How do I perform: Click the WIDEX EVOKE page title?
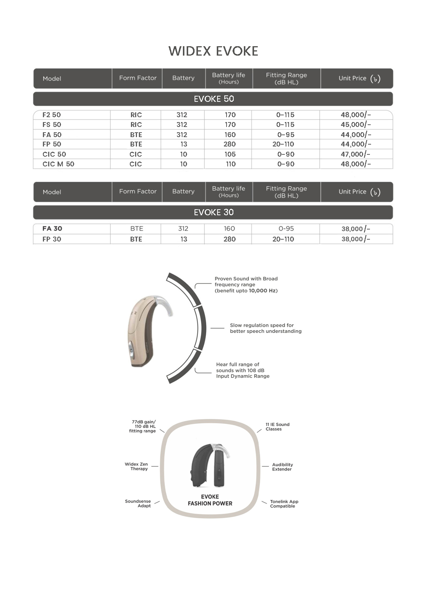[213, 51]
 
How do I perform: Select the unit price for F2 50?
[356, 115]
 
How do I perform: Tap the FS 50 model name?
[52, 125]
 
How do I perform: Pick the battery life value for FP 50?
[229, 144]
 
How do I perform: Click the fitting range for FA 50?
[286, 134]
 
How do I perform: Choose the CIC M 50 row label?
[58, 164]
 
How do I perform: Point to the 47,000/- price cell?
[355, 154]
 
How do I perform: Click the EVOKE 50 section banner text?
[213, 99]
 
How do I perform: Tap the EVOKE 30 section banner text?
[213, 212]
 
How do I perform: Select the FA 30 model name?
[52, 229]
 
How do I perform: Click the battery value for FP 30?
[183, 239]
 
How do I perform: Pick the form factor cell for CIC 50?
[135, 154]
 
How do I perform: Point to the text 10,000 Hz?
[263, 291]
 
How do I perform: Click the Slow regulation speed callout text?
[265, 328]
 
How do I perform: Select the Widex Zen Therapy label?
[136, 467]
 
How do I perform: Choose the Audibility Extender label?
[282, 467]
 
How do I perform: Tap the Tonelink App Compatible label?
[284, 504]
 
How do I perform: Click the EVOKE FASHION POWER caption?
[210, 500]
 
